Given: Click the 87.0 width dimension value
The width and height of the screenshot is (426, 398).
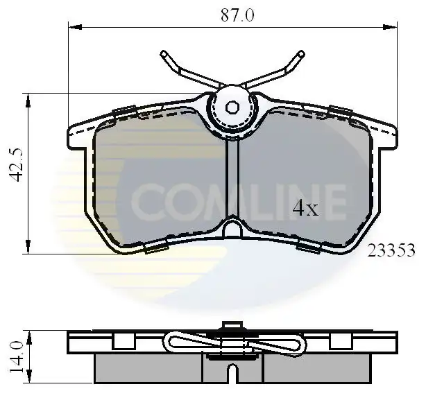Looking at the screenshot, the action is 237,15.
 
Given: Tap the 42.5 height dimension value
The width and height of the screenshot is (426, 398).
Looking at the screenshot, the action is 16,165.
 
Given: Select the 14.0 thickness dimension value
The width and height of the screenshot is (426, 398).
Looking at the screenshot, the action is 16,356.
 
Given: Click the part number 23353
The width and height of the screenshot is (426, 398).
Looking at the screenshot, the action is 391,250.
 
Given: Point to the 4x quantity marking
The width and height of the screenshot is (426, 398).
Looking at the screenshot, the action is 305,208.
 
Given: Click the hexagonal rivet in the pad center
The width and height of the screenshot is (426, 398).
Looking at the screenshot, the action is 232,107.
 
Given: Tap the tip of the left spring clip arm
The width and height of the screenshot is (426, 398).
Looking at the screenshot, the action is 163,53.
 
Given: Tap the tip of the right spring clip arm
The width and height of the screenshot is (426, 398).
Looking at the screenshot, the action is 302,53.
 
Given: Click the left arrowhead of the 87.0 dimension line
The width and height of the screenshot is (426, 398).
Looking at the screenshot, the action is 75,27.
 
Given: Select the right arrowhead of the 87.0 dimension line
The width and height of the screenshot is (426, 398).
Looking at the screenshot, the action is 390,27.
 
